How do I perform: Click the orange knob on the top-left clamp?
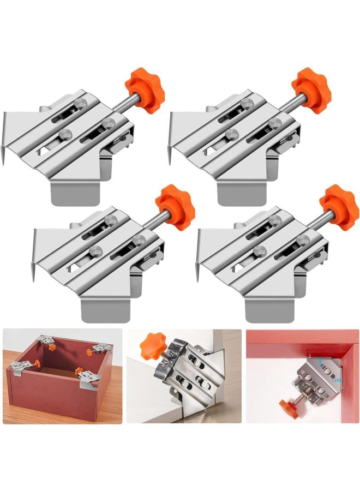tap(144, 87)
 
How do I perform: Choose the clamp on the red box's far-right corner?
tap(100, 348)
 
